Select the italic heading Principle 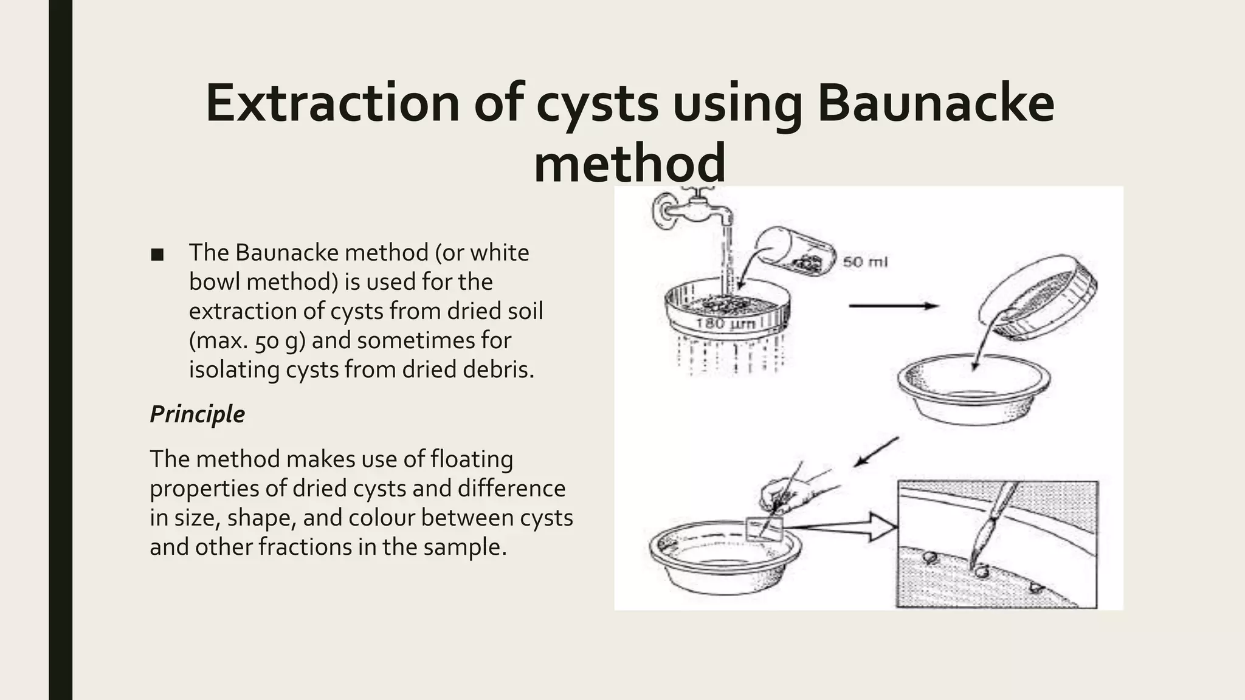[197, 414]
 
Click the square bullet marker [157, 255]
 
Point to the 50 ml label [864, 262]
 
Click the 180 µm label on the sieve [725, 323]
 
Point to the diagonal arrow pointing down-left [875, 451]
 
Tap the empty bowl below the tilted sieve [973, 389]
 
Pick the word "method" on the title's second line [629, 163]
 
